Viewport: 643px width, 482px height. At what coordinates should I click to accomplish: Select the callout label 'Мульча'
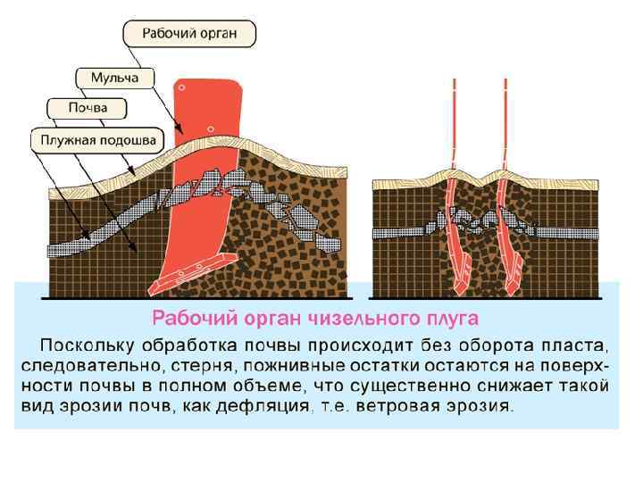pyautogui.click(x=114, y=79)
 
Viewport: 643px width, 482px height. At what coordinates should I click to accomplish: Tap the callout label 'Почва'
pyautogui.click(x=88, y=109)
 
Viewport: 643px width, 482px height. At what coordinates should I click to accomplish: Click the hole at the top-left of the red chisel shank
pyautogui.click(x=182, y=88)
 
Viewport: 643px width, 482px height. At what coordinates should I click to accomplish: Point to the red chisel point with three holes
pyautogui.click(x=192, y=271)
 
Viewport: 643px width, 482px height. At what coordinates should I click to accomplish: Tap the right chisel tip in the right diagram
pyautogui.click(x=514, y=280)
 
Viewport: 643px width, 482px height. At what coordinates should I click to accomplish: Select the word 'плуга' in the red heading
pyautogui.click(x=452, y=319)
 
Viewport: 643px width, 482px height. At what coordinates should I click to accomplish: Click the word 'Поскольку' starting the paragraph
pyautogui.click(x=85, y=345)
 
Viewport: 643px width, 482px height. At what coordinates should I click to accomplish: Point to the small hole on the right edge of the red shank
pyautogui.click(x=213, y=128)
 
